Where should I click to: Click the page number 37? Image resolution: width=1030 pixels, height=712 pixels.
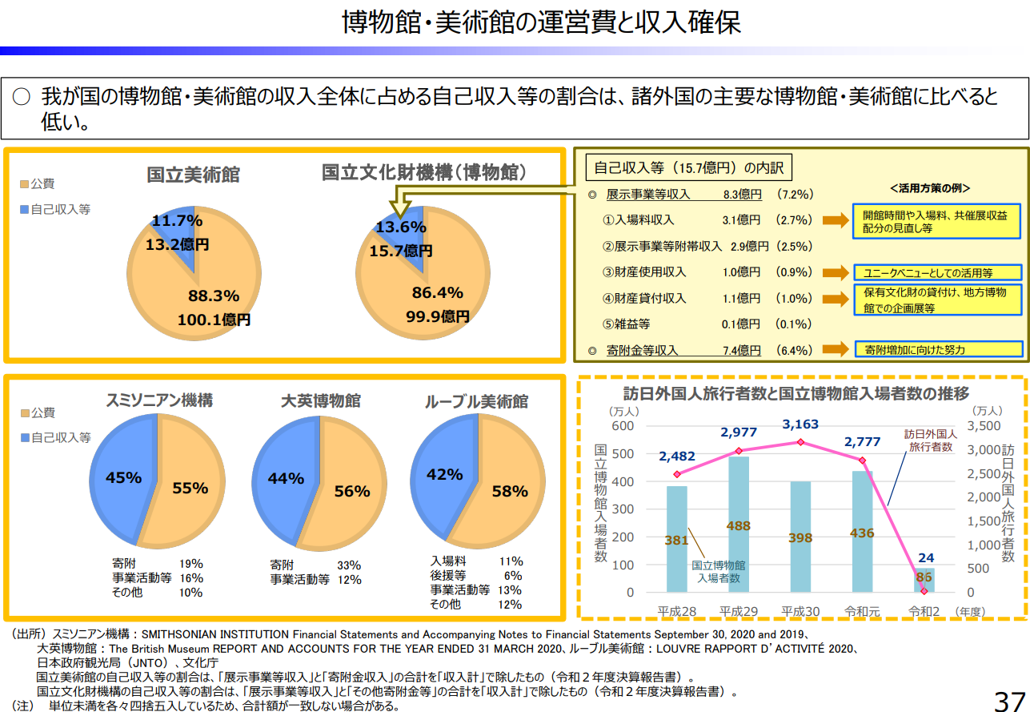tap(1009, 699)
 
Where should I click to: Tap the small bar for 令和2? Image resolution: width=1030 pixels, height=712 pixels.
tap(925, 580)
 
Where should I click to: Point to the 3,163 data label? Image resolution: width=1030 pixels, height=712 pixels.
tap(800, 424)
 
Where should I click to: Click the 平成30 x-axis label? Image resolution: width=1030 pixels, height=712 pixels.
tap(800, 611)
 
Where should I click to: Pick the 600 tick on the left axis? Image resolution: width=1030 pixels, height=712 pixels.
tap(623, 425)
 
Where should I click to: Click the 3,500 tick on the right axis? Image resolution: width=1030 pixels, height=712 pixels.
tap(984, 425)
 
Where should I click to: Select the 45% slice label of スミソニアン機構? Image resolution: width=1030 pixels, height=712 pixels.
tap(123, 478)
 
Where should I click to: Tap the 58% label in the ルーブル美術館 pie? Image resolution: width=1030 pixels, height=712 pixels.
tap(510, 491)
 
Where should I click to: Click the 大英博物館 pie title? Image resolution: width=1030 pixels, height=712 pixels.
tap(321, 400)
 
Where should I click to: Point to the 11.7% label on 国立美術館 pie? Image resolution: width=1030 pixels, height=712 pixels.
tap(177, 220)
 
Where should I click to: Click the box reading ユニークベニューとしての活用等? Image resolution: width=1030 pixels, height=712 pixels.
tap(938, 272)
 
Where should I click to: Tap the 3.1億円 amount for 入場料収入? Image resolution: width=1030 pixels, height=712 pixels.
tap(740, 220)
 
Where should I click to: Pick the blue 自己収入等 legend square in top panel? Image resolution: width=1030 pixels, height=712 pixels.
tap(24, 210)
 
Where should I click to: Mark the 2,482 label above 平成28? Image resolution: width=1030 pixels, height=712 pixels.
tap(677, 457)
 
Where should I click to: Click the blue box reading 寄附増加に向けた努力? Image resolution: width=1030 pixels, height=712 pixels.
tap(938, 350)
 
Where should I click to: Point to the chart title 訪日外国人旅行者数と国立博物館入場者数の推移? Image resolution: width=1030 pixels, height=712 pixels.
tap(796, 393)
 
